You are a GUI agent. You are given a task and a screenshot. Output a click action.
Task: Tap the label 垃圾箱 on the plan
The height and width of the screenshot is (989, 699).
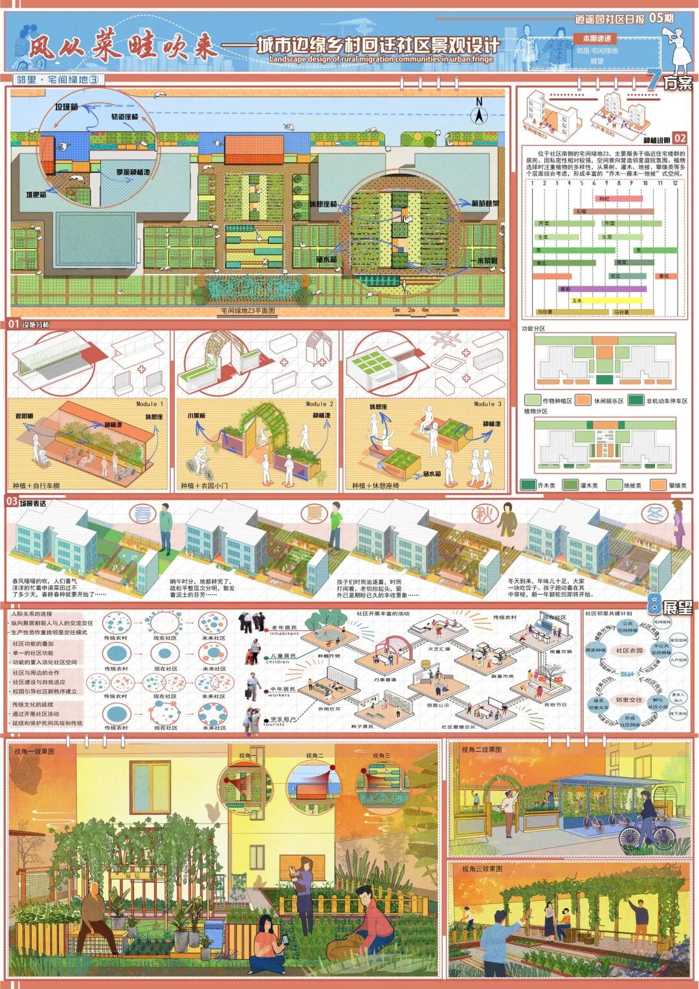(x=66, y=107)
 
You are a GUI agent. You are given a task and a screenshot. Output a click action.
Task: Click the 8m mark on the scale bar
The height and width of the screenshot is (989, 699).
(x=456, y=310)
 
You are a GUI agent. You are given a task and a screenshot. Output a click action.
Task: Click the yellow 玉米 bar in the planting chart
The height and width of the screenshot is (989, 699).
(x=606, y=301)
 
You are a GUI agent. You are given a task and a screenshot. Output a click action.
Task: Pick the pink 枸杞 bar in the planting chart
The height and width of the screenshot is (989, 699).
(x=604, y=199)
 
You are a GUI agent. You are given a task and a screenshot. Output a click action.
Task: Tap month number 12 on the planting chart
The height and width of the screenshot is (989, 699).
(x=675, y=183)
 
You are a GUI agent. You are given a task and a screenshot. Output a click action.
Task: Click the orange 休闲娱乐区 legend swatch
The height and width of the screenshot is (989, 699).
(x=583, y=401)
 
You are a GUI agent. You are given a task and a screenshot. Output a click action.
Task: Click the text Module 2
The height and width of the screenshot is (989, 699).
(x=320, y=404)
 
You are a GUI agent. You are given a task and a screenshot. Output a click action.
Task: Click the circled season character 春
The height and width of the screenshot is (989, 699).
(x=143, y=514)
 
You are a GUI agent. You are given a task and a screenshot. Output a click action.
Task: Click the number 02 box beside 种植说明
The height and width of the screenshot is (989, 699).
(x=679, y=138)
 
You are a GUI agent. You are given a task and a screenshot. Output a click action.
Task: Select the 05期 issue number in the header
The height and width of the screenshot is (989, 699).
(x=660, y=18)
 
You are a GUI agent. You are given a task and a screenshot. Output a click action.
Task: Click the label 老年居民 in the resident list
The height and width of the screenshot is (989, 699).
(x=283, y=628)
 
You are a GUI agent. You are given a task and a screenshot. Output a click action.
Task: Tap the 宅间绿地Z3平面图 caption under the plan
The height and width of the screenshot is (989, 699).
(x=248, y=311)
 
